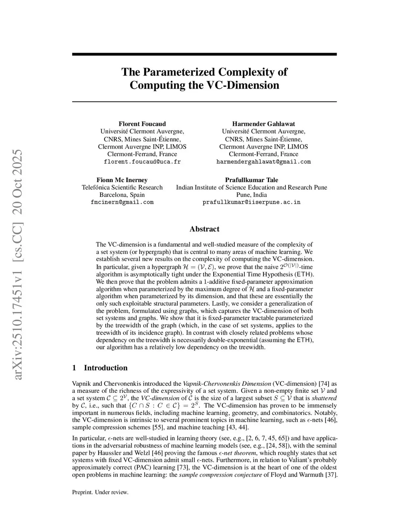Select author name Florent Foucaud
click(x=142, y=124)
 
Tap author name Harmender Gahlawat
click(x=264, y=124)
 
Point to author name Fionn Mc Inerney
click(x=122, y=180)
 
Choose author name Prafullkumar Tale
click(x=252, y=180)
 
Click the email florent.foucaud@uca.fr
click(x=142, y=162)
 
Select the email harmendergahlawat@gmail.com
click(x=264, y=162)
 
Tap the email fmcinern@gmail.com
click(x=122, y=202)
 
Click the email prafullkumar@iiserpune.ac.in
click(x=252, y=202)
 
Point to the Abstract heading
click(x=204, y=229)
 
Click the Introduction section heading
click(x=105, y=368)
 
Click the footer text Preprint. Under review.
click(x=100, y=492)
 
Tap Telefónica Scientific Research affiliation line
click(x=122, y=187)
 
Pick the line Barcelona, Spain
click(x=122, y=195)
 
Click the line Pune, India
click(x=252, y=195)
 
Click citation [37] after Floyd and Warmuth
click(x=332, y=475)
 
